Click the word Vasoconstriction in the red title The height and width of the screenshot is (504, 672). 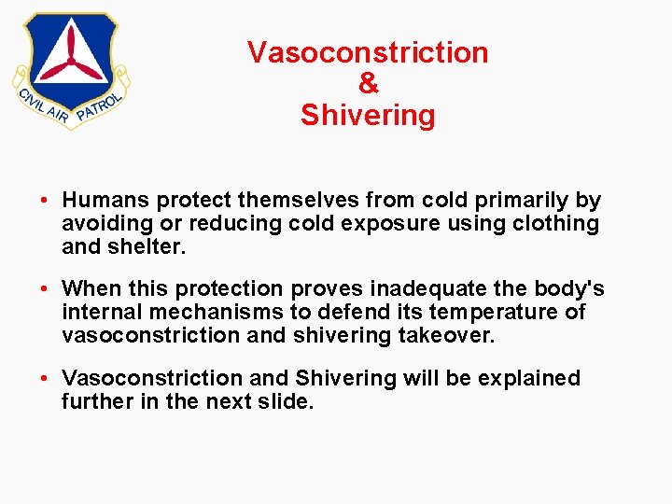tap(368, 53)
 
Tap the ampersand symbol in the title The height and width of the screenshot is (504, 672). tap(369, 84)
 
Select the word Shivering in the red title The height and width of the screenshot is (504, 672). tap(368, 116)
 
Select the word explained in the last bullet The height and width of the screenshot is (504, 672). tap(529, 378)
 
